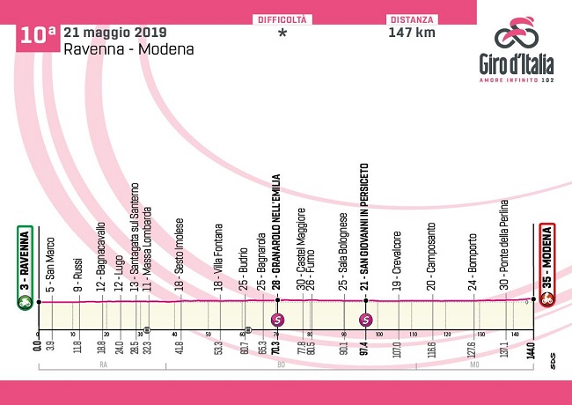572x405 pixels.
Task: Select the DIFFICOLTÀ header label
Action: pyautogui.click(x=282, y=18)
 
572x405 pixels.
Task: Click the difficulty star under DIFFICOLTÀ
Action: pyautogui.click(x=282, y=33)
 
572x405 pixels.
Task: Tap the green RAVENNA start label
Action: pyautogui.click(x=25, y=261)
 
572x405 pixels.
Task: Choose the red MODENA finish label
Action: pyautogui.click(x=547, y=261)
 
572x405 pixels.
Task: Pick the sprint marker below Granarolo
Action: pyautogui.click(x=278, y=319)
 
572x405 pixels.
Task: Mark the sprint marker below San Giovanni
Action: pyautogui.click(x=366, y=319)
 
